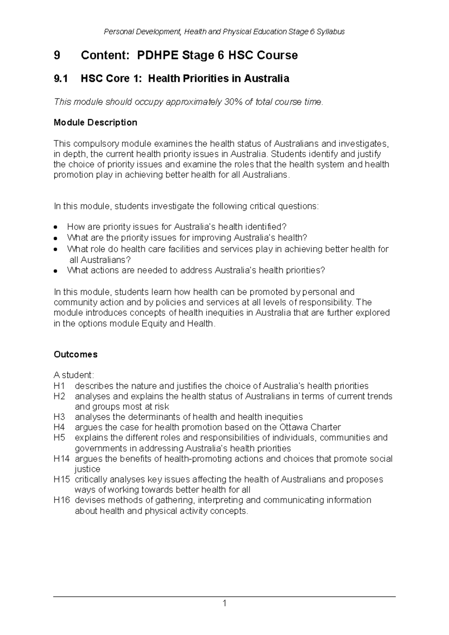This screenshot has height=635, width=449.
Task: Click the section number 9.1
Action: [61, 79]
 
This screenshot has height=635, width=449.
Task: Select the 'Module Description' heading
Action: [95, 122]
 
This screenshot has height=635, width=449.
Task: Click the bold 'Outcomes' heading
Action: [76, 354]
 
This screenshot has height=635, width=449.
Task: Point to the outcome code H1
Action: [59, 386]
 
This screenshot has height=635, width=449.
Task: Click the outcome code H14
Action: [61, 459]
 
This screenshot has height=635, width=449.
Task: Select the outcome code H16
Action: [61, 500]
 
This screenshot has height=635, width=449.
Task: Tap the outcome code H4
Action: [59, 427]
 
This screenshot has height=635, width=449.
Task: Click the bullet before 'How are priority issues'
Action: [55, 227]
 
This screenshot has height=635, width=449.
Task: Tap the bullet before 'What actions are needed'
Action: [55, 271]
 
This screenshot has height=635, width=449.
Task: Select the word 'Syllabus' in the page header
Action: [331, 32]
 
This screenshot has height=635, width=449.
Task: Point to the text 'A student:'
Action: [74, 375]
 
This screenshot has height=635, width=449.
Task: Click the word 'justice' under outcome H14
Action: [87, 469]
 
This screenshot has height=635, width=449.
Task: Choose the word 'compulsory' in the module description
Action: [95, 144]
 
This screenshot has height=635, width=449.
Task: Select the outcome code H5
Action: [59, 438]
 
